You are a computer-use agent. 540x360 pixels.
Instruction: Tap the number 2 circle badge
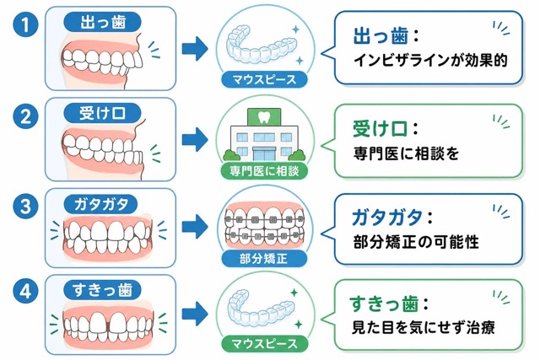(x=25, y=116)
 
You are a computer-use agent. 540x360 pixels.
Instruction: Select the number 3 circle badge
(x=25, y=207)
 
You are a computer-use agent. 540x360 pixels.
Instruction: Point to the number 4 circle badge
(x=25, y=292)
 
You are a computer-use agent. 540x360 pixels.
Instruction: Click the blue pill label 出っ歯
(x=103, y=23)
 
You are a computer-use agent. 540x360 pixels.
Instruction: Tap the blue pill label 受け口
(x=103, y=113)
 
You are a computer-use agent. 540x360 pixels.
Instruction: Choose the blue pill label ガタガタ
(x=100, y=204)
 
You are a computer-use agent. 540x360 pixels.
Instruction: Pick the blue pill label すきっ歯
(x=103, y=291)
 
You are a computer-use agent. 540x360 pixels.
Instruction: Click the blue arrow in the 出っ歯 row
(x=195, y=49)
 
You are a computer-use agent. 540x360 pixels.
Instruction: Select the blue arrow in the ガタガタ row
(x=195, y=227)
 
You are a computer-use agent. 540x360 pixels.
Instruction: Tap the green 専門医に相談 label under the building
(x=264, y=171)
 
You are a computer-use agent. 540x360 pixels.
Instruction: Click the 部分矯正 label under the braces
(x=264, y=259)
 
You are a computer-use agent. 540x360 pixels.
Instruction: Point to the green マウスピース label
(x=264, y=343)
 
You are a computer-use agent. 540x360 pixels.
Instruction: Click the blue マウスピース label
(x=264, y=79)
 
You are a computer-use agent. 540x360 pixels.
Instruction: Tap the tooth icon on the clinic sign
(x=264, y=117)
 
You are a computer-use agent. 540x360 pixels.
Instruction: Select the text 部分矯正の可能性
(x=416, y=242)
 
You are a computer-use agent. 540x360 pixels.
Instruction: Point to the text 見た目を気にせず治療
(x=424, y=327)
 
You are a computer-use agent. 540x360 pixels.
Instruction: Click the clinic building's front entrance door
(x=264, y=153)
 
